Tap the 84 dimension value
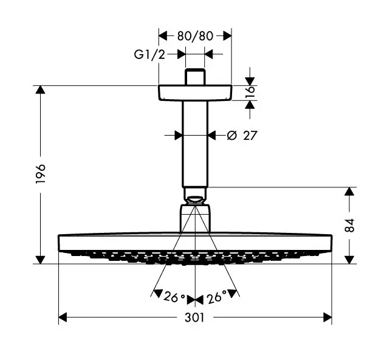pyautogui.click(x=349, y=226)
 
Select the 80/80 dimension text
pyautogui.click(x=195, y=35)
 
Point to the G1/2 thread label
pyautogui.click(x=149, y=55)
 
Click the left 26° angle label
pyautogui.click(x=174, y=297)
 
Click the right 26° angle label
pyautogui.click(x=216, y=297)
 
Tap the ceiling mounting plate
pyautogui.click(x=195, y=92)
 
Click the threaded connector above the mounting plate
pyautogui.click(x=195, y=77)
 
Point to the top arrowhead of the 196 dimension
pyautogui.click(x=41, y=91)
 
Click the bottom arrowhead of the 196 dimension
pyautogui.click(x=41, y=258)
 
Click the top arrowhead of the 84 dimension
pyautogui.click(x=349, y=192)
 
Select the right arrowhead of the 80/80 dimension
pyautogui.click(x=227, y=35)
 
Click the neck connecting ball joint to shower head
pyautogui.click(x=195, y=219)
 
